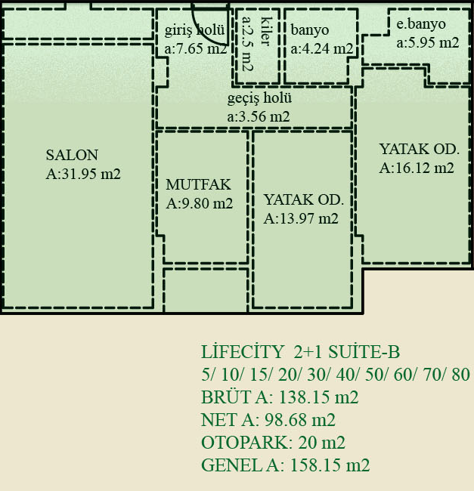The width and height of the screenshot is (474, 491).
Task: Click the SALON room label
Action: [x=72, y=155]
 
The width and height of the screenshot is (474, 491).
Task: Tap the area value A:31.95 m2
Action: [x=83, y=174]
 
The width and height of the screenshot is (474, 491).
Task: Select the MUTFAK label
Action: [x=198, y=184]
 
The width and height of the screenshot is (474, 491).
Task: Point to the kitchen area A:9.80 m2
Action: [x=200, y=203]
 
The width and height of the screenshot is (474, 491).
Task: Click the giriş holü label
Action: [x=194, y=30]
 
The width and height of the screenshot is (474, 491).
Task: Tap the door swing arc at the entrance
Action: [x=203, y=35]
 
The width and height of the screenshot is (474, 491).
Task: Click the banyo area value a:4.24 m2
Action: [x=322, y=49]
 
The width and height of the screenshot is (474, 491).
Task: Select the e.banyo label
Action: [x=421, y=24]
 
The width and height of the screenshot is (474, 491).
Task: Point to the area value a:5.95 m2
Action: [x=428, y=43]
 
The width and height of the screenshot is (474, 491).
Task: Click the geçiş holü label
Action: [x=259, y=98]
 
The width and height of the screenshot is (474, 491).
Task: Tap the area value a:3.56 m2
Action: [x=259, y=117]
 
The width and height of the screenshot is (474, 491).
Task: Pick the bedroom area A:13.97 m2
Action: [x=301, y=218]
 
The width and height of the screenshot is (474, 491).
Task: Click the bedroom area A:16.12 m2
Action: [x=417, y=168]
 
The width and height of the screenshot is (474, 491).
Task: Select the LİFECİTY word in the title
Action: [x=243, y=352]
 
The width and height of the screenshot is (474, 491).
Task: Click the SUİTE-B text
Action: [x=364, y=352]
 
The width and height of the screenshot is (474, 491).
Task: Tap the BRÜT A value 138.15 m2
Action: [x=318, y=397]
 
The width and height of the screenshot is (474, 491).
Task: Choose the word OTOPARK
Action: [x=247, y=443]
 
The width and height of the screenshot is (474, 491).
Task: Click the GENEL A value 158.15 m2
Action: [x=330, y=465]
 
